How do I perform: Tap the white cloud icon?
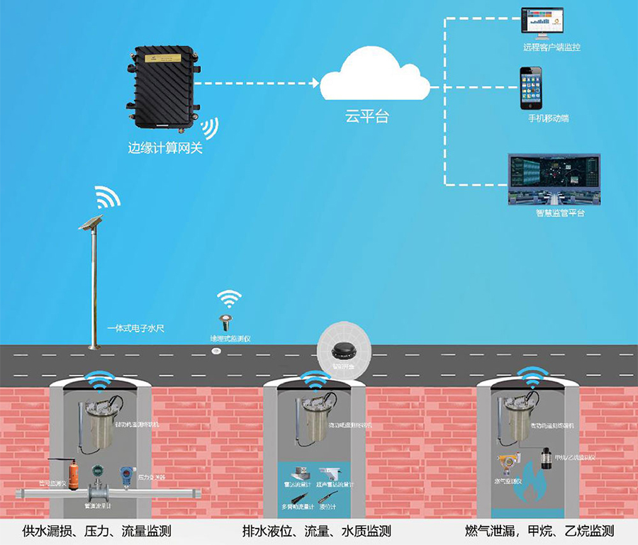pos(374,79)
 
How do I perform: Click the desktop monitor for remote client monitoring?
pos(542,24)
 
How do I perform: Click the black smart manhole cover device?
pos(342,349)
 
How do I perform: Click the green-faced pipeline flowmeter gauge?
pos(97,471)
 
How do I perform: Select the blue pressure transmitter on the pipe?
pos(126,473)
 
